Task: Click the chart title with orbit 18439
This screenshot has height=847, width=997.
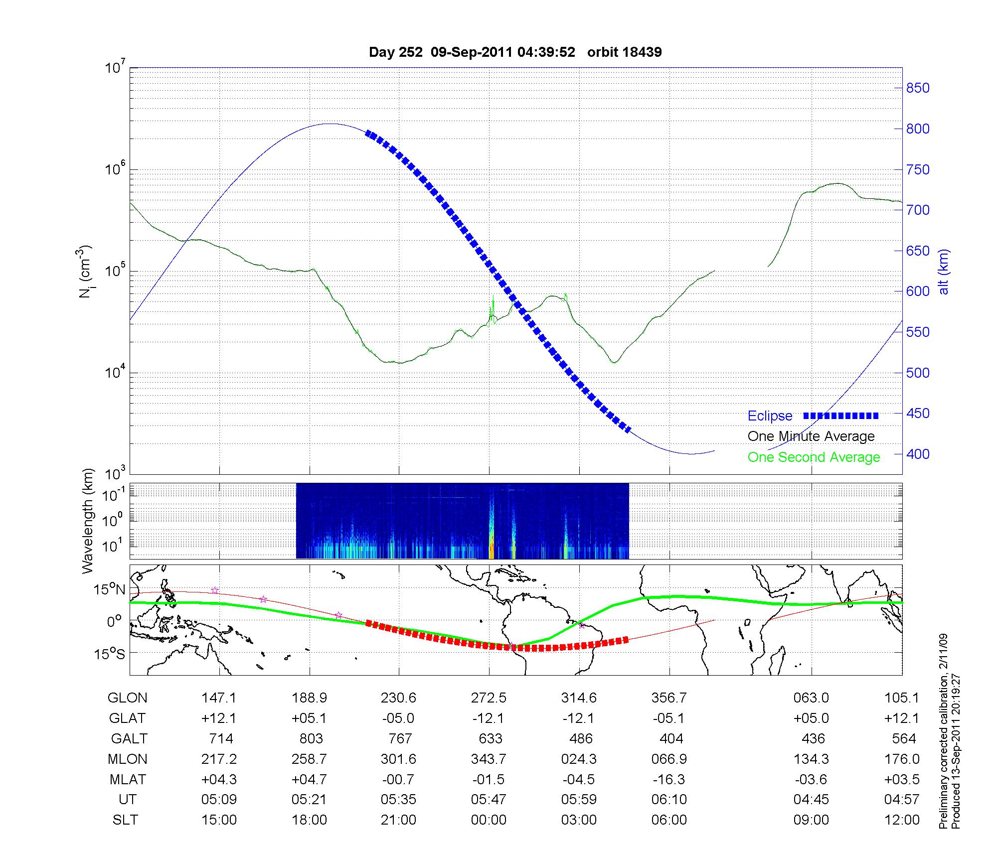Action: pos(515,52)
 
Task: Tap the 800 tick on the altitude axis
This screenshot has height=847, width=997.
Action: pos(918,129)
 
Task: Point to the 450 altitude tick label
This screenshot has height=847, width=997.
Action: pos(918,414)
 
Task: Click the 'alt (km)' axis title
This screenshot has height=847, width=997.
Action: pos(944,272)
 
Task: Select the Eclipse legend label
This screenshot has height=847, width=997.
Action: pos(770,416)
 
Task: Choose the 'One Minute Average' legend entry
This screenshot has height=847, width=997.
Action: pos(811,436)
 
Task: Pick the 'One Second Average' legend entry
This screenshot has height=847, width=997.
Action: pos(814,457)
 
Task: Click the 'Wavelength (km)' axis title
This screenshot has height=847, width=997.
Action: pos(88,521)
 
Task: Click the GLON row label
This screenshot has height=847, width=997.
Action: pos(127,698)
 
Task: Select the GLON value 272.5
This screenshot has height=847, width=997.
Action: pos(489,698)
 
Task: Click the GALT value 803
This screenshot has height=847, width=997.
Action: pos(311,738)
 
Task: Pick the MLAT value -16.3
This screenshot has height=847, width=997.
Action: pos(669,779)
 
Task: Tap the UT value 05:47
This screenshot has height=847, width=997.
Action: pos(489,800)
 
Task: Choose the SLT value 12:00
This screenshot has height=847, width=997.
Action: pos(902,820)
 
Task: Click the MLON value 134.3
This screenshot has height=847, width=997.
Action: pos(812,759)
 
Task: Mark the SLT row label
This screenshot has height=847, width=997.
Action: pos(125,820)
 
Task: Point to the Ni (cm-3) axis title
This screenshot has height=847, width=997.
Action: pos(86,272)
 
